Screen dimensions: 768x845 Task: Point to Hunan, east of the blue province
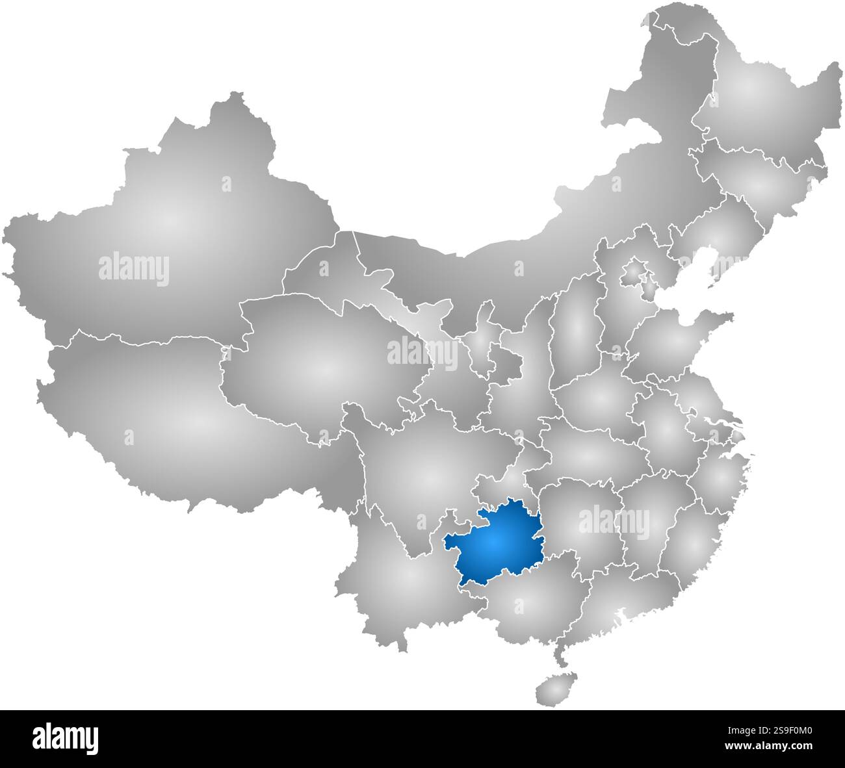pyautogui.click(x=578, y=520)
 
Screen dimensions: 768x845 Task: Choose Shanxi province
pyautogui.click(x=575, y=331)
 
